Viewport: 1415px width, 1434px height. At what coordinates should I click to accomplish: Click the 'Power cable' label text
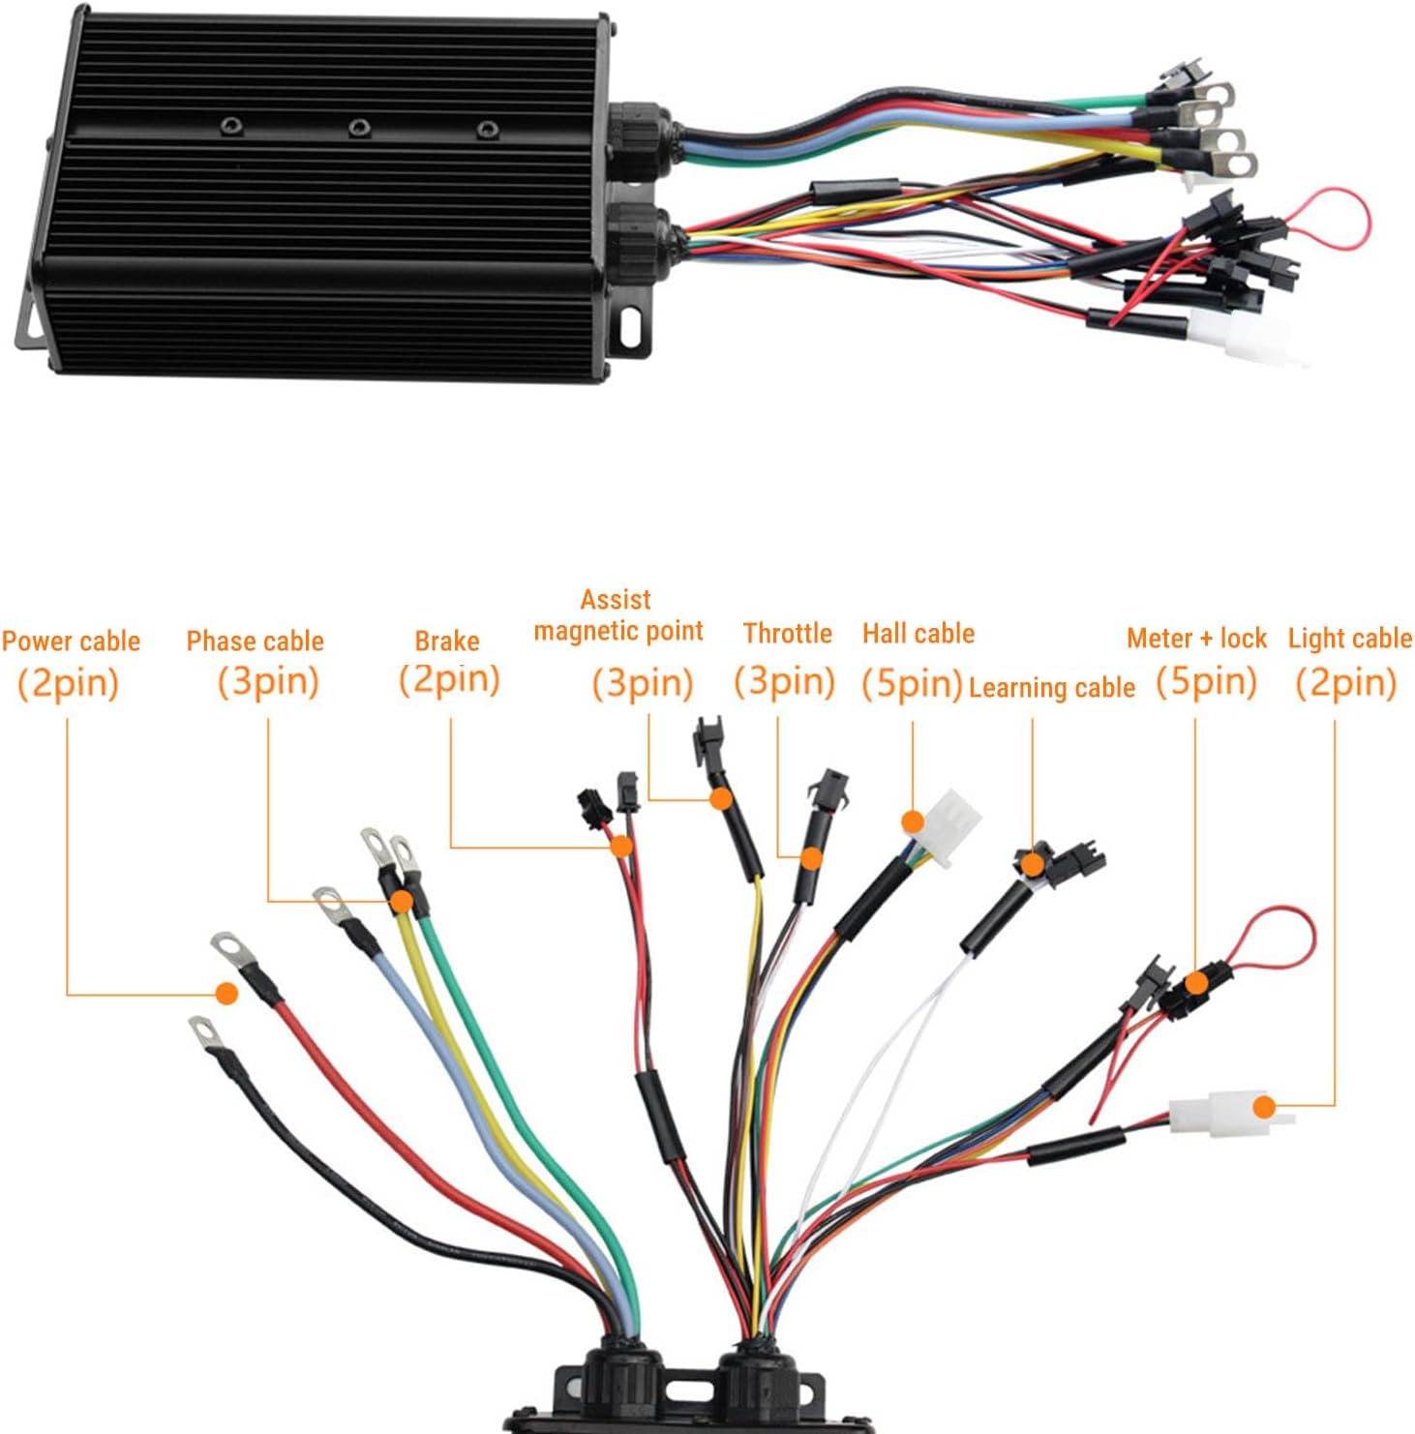pos(71,641)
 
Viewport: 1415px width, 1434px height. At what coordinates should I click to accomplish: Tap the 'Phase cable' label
pos(255,641)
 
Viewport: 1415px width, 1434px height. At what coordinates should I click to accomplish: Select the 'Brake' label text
pos(446,641)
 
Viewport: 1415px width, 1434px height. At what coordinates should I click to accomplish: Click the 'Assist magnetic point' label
pos(617,615)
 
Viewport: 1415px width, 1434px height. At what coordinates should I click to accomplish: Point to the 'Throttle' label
pos(787,633)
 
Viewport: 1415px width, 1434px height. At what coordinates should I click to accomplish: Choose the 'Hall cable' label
pos(918,633)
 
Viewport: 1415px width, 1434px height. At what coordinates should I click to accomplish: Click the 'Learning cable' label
pos(1051,687)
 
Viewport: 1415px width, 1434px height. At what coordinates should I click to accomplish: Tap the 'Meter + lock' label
pos(1196,638)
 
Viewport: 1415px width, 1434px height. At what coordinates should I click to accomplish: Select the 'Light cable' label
pos(1349,638)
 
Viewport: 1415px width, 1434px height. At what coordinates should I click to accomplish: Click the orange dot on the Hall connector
pos(912,822)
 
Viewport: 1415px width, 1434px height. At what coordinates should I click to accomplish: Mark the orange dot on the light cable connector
pos(1262,1107)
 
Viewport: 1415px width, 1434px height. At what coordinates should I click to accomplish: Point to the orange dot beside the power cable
pos(226,993)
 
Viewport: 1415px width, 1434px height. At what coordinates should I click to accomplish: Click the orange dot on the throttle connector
pos(811,857)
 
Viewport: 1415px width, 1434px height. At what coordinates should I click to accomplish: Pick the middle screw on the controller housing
pos(359,127)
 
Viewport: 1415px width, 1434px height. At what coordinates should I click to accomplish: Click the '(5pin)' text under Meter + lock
pos(1206,681)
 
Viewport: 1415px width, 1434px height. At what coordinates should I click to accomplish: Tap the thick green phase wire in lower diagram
pos(503,1084)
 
